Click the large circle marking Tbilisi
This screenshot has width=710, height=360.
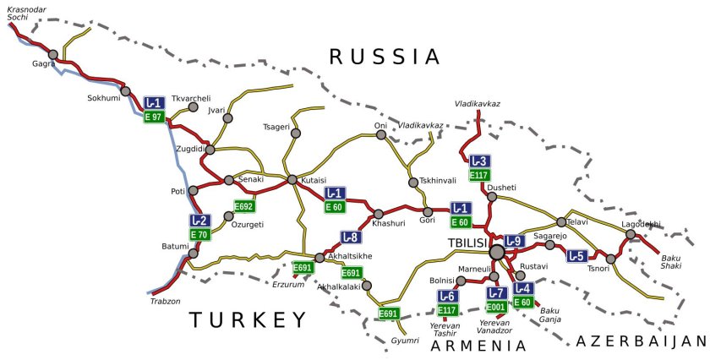point(497,251)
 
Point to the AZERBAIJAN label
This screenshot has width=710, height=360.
point(640,341)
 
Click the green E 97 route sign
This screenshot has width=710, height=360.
point(153,117)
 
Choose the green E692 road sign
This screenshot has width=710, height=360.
point(243,206)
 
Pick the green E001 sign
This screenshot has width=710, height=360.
point(496,307)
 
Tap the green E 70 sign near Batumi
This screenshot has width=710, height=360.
point(199,234)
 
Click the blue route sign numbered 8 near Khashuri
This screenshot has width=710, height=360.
point(351,237)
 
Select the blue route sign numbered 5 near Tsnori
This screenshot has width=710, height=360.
point(576,256)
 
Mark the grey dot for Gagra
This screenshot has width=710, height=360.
point(52,55)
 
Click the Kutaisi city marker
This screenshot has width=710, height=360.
point(292,180)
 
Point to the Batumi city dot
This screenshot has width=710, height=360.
point(193,253)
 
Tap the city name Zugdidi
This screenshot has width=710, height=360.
point(189,149)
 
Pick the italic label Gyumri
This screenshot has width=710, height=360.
point(405,341)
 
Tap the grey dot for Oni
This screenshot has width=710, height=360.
point(380,134)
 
